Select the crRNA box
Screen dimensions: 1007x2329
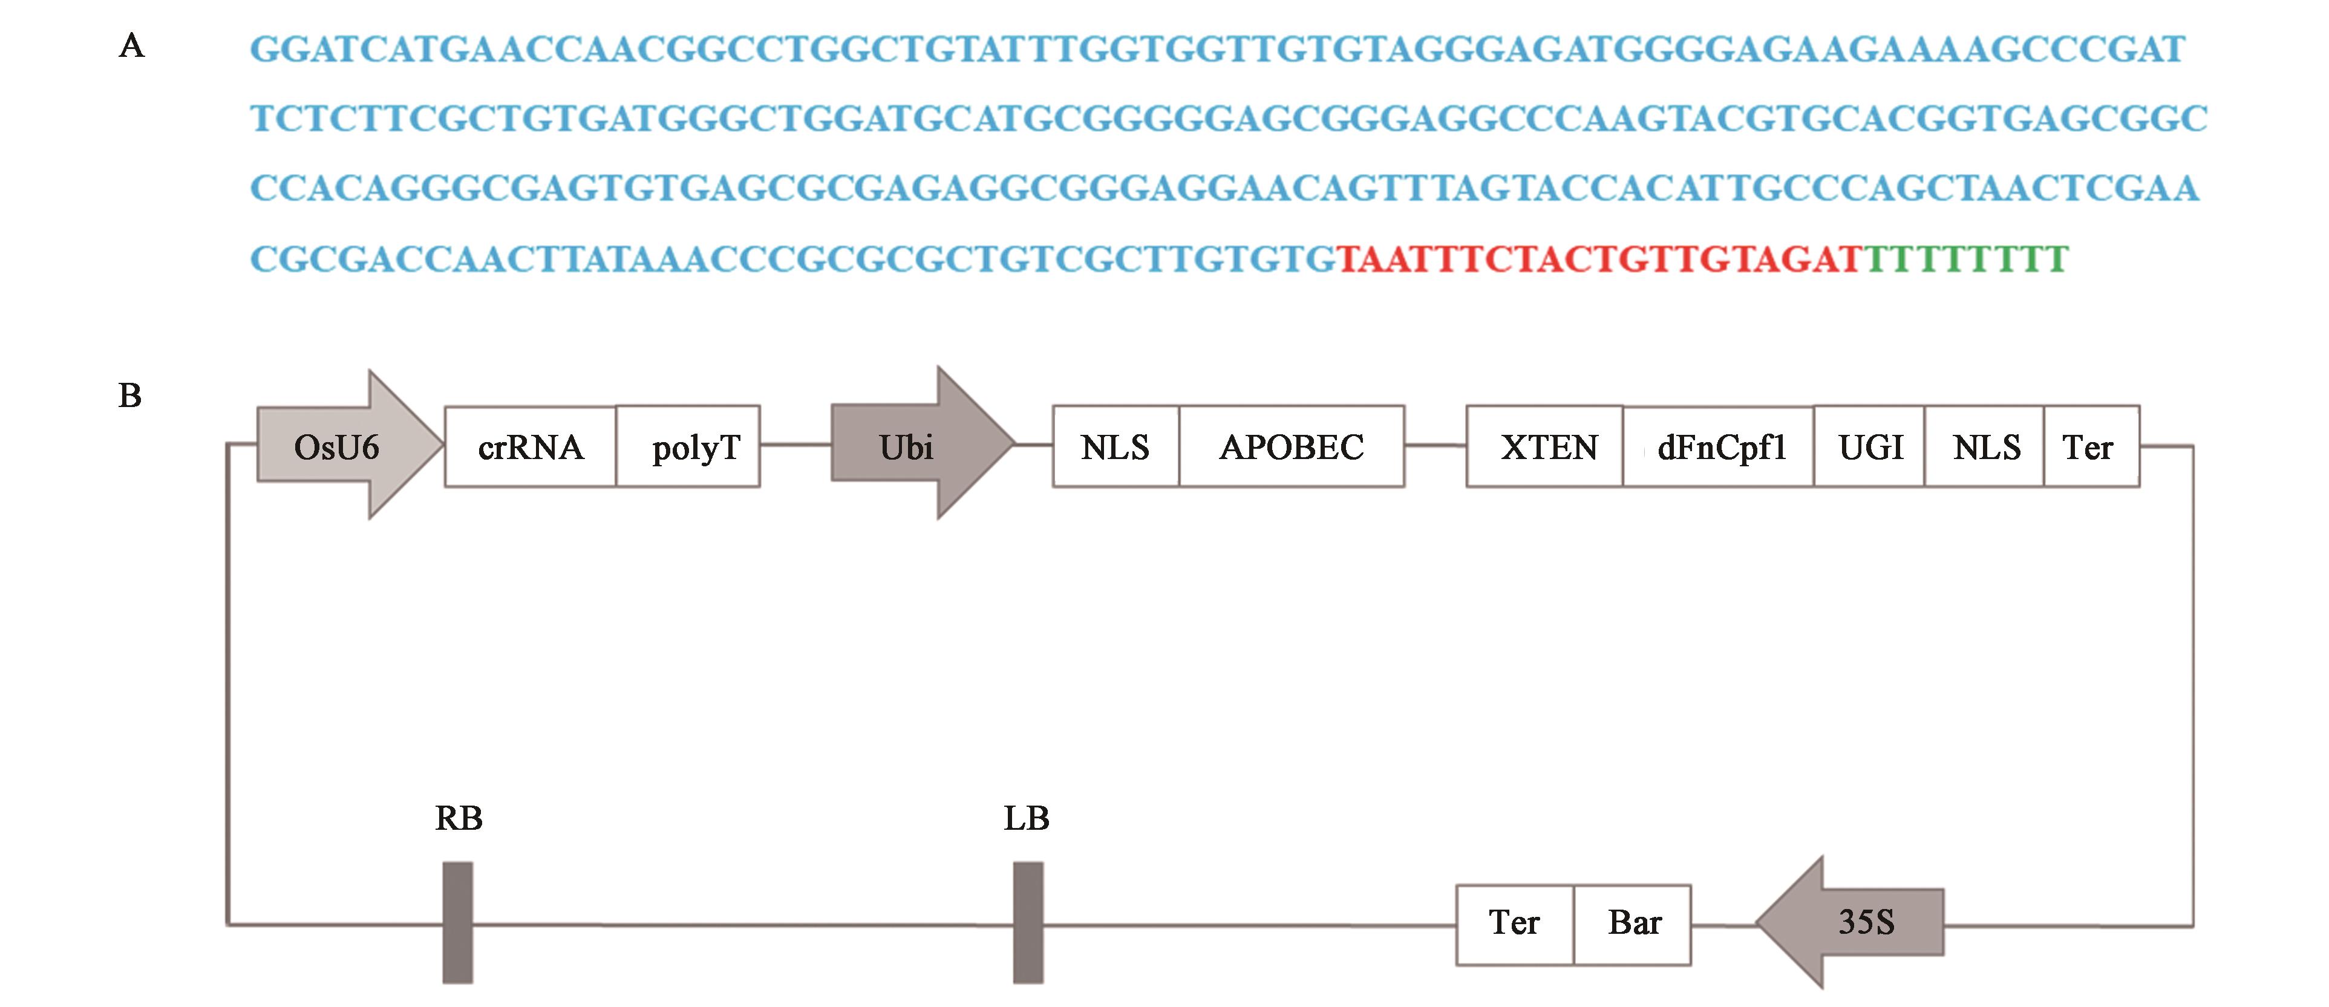530,446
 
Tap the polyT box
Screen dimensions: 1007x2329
688,446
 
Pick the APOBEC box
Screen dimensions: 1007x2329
1291,446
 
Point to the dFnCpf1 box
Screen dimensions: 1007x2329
1720,446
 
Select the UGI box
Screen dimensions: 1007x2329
1870,446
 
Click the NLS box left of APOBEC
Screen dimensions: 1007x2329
1116,446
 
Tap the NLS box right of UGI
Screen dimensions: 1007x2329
1985,446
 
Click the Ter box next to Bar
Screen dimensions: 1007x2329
1514,924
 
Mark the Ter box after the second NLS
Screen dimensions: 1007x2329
2090,446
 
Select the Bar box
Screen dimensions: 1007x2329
1633,924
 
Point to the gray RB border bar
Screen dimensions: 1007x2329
457,922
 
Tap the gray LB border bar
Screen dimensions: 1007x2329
1028,922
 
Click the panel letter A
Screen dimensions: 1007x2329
132,45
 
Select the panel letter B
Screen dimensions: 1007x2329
130,396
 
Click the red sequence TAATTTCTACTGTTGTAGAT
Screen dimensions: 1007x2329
1598,259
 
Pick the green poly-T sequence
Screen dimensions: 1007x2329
1965,259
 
